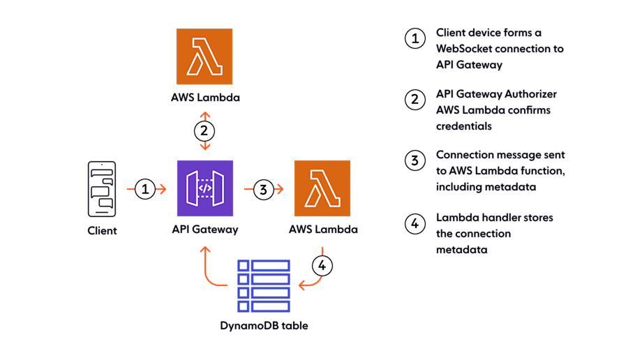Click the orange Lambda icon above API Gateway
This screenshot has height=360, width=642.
(x=204, y=57)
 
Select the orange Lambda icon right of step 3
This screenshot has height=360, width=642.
(x=322, y=188)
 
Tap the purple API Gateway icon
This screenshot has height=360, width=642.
(x=205, y=188)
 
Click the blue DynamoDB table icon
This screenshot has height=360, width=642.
(x=263, y=285)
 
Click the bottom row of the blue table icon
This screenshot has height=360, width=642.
(x=263, y=306)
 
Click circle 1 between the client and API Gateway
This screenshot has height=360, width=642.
(x=144, y=188)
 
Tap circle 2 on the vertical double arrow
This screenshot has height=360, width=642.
(x=204, y=130)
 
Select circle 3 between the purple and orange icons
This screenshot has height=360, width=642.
(x=263, y=188)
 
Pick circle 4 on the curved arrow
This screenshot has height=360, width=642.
(x=322, y=265)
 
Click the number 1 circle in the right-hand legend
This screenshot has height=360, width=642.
(x=415, y=39)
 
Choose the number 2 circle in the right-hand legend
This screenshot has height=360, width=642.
(x=415, y=99)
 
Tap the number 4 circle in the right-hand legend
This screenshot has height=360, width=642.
(x=415, y=223)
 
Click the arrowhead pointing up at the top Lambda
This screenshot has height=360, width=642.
(x=204, y=113)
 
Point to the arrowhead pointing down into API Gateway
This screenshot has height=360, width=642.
(x=204, y=148)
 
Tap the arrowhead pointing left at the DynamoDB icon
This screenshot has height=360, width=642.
(x=301, y=285)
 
